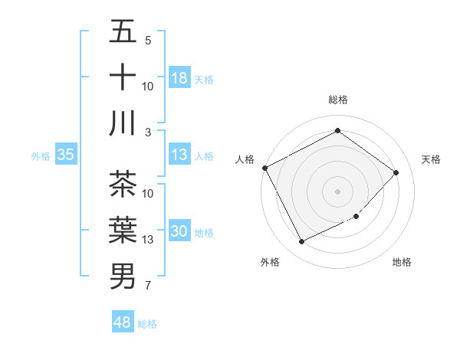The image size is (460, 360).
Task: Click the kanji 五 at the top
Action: [x=123, y=33]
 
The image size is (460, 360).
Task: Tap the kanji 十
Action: [x=123, y=77]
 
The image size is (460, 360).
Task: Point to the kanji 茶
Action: [x=123, y=185]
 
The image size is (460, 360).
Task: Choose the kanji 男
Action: [x=123, y=275]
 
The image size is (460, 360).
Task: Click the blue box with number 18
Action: [x=179, y=78]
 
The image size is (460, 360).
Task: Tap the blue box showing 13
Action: [x=179, y=155]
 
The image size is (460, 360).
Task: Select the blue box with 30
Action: [x=179, y=232]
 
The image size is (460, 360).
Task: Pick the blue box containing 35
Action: [x=65, y=155]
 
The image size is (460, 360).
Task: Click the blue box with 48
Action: [x=122, y=322]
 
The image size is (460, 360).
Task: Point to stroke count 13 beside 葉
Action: [x=148, y=240]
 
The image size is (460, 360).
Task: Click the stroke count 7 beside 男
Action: [x=148, y=286]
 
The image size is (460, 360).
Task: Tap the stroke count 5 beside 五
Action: [x=148, y=41]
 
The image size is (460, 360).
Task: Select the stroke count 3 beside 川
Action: [x=148, y=133]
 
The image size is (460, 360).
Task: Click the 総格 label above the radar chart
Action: [x=337, y=100]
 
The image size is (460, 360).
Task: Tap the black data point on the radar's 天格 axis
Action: [x=396, y=172]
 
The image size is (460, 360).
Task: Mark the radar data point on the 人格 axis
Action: [x=264, y=168]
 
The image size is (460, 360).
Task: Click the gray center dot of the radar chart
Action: [x=337, y=191]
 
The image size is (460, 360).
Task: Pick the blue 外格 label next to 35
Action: [x=41, y=155]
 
